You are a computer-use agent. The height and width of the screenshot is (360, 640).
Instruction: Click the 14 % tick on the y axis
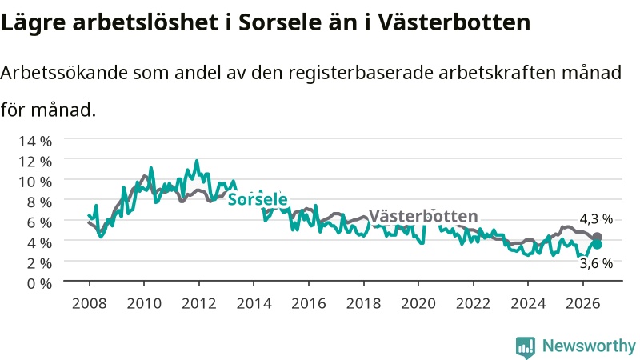(x=35, y=142)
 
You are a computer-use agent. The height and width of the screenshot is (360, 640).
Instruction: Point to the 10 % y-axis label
(x=35, y=182)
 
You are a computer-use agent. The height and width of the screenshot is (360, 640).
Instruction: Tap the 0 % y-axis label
(x=39, y=283)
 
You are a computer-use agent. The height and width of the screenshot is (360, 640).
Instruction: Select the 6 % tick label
(x=39, y=222)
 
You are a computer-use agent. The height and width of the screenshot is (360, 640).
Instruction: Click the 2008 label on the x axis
(x=90, y=303)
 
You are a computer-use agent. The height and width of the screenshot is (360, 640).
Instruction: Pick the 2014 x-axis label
(x=254, y=303)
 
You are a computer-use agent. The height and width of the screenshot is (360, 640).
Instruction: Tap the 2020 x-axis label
(x=418, y=303)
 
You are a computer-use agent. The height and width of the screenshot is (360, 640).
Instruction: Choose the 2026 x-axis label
(x=583, y=303)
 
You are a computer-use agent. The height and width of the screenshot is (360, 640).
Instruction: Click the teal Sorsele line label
(x=258, y=199)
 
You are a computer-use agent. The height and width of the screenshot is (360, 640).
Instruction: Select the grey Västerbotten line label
(x=423, y=216)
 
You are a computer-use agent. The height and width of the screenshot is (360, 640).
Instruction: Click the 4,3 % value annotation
(x=596, y=219)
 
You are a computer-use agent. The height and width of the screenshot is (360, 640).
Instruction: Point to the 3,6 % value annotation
(x=596, y=264)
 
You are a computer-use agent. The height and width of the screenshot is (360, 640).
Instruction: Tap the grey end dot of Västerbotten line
(x=597, y=237)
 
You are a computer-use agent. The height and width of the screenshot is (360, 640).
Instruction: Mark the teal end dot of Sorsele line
(x=597, y=244)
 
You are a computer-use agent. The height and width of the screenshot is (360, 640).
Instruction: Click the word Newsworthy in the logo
(x=589, y=346)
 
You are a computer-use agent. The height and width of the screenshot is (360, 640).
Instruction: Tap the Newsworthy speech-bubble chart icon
(x=526, y=347)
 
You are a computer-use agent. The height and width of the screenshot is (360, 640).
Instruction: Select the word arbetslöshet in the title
(x=146, y=22)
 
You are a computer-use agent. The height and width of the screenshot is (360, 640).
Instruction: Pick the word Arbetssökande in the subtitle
(x=64, y=73)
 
